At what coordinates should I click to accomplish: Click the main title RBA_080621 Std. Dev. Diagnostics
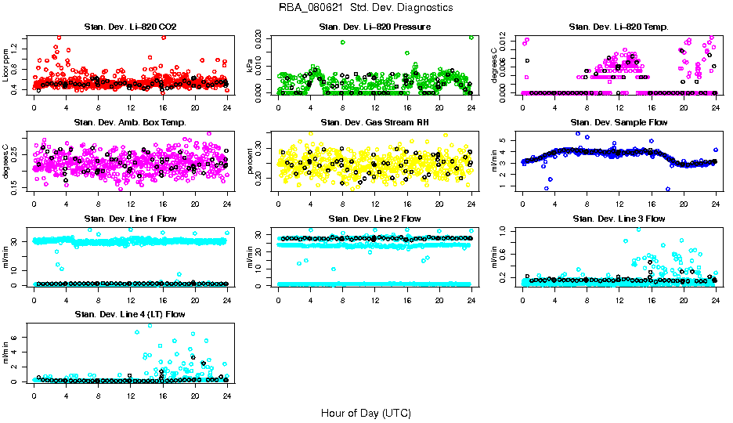pyautogui.click(x=366, y=8)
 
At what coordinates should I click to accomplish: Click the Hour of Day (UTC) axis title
pyautogui.click(x=366, y=413)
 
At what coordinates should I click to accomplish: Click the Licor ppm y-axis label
pyautogui.click(x=6, y=66)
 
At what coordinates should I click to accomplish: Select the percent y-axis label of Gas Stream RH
pyautogui.click(x=251, y=161)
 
